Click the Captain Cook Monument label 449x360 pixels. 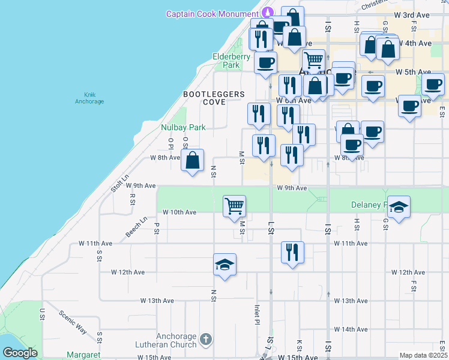214,14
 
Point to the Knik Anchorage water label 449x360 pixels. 89,98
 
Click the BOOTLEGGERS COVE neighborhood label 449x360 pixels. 214,98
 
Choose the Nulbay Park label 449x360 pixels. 183,127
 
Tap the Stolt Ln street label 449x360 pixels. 120,184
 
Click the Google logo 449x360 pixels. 20,353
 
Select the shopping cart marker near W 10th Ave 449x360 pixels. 234,206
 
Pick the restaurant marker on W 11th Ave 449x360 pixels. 292,251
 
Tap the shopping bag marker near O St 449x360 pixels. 192,160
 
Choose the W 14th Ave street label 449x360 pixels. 351,329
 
